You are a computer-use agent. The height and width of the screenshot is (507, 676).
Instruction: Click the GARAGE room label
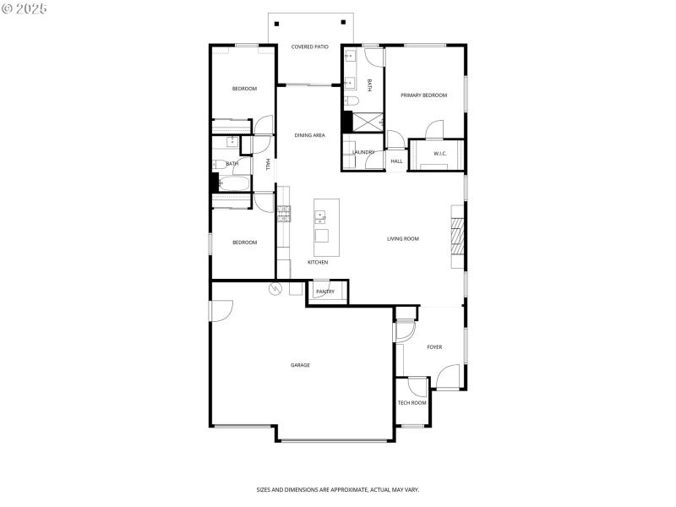coord(300,365)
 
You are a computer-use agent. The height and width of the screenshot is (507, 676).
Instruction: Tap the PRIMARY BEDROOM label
coord(423,95)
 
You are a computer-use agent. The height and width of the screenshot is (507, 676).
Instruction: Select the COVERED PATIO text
coord(309,47)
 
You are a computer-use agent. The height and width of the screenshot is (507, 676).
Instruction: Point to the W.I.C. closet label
coord(439,154)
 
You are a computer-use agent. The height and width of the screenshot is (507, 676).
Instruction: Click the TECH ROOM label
coord(412,403)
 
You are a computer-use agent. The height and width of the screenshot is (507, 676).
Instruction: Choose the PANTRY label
coord(325,292)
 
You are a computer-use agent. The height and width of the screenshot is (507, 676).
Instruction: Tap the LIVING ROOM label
coord(403,239)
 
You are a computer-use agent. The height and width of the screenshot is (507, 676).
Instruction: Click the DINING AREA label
coord(309,135)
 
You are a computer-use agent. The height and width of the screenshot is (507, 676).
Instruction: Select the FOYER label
coord(434,347)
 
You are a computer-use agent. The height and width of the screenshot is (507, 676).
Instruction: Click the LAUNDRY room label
coord(363,152)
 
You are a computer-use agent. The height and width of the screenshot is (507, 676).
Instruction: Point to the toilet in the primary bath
coord(352,101)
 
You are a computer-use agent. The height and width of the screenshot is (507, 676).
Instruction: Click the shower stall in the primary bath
coord(363,121)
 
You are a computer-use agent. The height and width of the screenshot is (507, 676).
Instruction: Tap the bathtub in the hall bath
coord(233,183)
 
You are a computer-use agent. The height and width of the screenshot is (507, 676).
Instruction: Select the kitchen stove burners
coord(284,214)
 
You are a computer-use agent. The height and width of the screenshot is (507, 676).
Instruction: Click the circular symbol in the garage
coord(274,290)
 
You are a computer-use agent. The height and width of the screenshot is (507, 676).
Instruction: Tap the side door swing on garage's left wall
coord(219,311)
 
